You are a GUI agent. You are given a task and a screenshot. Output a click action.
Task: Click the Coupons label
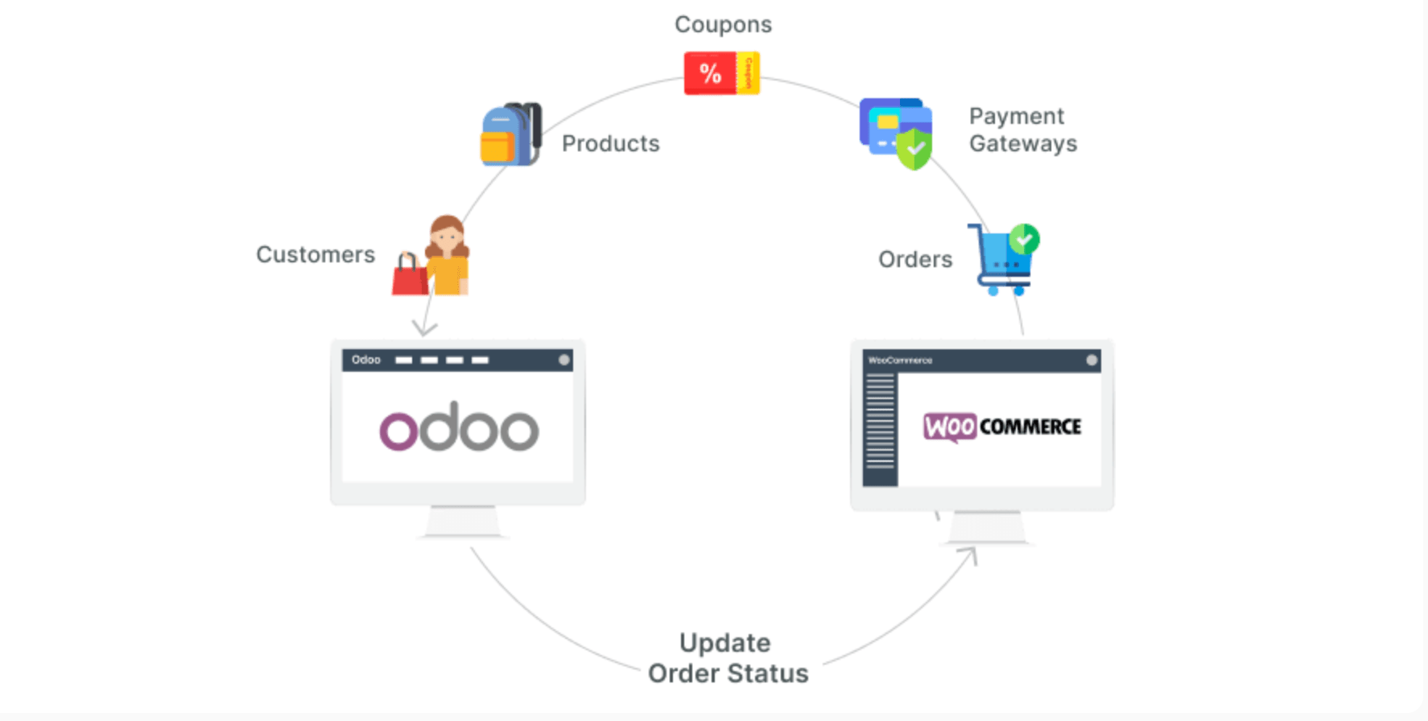723,25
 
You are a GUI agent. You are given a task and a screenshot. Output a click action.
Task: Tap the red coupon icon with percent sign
710,73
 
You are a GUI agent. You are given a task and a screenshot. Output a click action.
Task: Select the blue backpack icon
510,134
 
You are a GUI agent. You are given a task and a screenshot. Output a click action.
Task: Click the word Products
610,143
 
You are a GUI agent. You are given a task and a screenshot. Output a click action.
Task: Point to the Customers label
316,254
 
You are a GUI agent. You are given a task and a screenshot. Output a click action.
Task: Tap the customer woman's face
447,238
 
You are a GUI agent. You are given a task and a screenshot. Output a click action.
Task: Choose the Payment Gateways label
1022,130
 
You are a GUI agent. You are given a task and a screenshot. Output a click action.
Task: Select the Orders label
915,259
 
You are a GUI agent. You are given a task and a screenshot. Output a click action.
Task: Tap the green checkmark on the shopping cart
1025,239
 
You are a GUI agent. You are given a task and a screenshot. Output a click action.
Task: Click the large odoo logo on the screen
459,427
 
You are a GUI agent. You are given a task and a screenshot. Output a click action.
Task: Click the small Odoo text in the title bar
366,360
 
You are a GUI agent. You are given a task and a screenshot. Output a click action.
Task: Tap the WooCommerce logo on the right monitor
1002,426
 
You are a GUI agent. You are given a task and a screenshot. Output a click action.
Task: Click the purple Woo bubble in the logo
950,426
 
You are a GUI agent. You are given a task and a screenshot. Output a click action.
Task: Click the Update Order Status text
728,658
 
